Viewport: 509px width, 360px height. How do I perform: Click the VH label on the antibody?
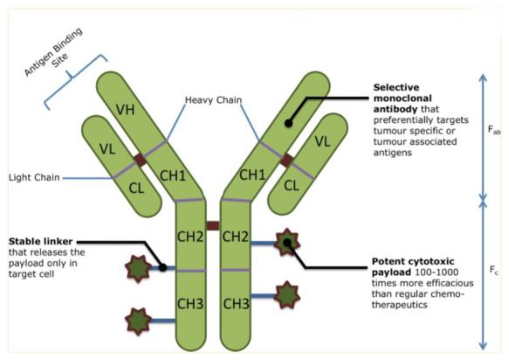coord(125,110)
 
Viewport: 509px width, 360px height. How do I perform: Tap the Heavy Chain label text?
coord(213,100)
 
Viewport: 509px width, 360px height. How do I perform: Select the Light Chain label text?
coord(34,178)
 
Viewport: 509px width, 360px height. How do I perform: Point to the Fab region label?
coord(494,130)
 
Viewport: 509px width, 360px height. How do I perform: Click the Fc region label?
coord(494,271)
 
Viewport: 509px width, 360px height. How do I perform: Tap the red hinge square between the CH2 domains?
coord(213,226)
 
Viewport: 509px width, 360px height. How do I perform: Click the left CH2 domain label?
coord(190,237)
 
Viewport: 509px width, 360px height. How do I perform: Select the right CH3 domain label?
coord(236,304)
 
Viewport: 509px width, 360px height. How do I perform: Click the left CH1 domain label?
coord(173,176)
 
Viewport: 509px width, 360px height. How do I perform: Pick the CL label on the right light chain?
coord(291,186)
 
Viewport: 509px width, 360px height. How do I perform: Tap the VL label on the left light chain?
coord(107,149)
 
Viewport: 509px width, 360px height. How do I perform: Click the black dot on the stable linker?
coord(163,267)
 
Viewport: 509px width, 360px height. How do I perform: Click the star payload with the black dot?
coord(287,243)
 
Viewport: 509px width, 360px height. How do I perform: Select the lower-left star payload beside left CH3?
coord(138,321)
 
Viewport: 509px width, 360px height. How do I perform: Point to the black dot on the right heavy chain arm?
coord(288,123)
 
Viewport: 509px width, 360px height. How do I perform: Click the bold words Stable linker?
coord(40,241)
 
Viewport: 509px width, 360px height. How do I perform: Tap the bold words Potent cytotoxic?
coord(413,262)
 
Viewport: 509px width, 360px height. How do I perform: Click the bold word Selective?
coord(396,87)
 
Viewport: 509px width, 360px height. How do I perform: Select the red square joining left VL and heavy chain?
coord(140,160)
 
